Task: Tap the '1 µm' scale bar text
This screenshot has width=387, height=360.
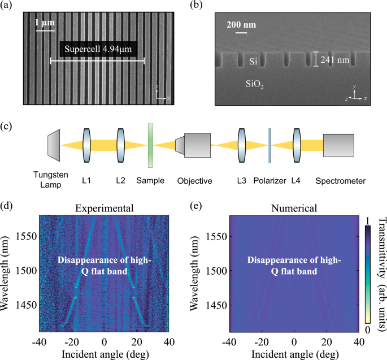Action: pos(45,22)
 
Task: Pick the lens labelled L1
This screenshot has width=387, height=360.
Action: pos(86,145)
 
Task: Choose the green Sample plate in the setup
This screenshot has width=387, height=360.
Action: pos(151,145)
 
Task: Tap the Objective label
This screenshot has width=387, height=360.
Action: pos(194,181)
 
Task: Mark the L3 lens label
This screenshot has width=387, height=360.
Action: pos(241,181)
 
